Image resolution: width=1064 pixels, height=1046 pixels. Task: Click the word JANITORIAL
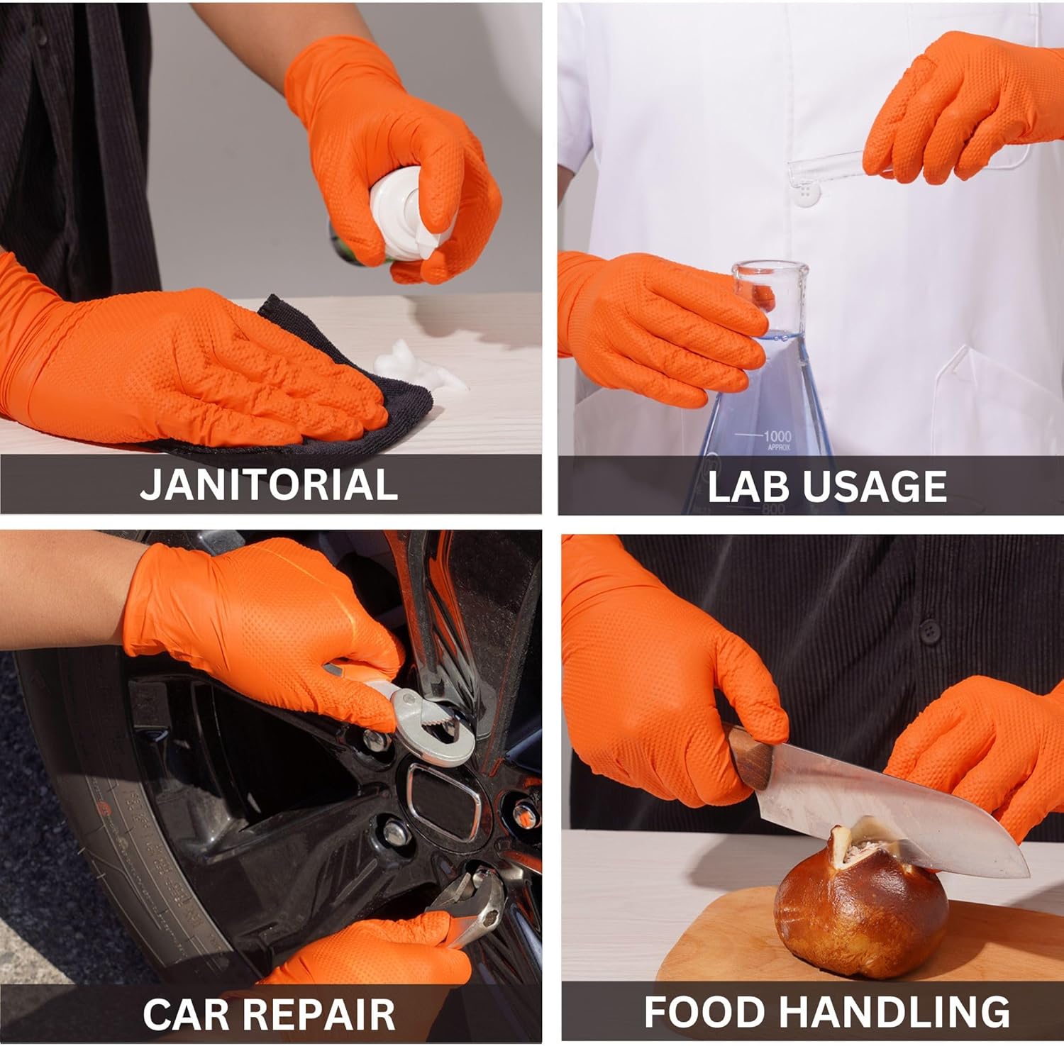pyautogui.click(x=268, y=484)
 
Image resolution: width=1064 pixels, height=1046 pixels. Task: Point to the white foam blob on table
pyautogui.click(x=419, y=369)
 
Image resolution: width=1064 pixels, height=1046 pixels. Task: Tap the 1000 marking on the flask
pyautogui.click(x=777, y=435)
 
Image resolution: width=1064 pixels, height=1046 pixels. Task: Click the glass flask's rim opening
pyautogui.click(x=770, y=269)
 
